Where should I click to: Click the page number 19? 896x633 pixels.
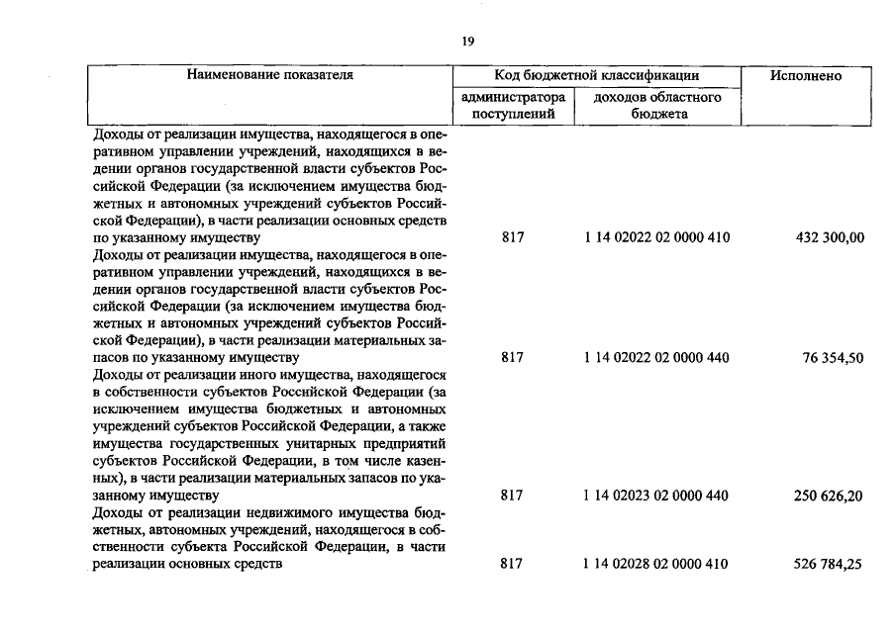click(468, 41)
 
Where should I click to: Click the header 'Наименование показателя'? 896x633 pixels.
click(269, 75)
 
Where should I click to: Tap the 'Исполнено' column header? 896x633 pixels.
click(805, 76)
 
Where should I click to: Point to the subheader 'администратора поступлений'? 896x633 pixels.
click(512, 105)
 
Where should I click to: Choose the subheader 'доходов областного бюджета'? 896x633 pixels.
click(656, 105)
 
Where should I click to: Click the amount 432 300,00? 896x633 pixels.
click(829, 238)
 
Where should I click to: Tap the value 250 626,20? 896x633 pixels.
click(829, 495)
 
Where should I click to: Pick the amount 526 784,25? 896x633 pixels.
click(829, 564)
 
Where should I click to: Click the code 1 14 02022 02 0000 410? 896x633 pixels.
click(656, 238)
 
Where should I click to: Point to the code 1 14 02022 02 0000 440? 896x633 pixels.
click(656, 357)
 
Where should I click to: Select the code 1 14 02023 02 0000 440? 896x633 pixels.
click(656, 495)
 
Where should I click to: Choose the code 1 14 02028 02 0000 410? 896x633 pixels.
click(656, 564)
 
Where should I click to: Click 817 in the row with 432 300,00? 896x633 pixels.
click(512, 238)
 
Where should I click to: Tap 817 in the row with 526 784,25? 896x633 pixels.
click(512, 564)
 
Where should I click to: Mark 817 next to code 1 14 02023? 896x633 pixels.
click(512, 495)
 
